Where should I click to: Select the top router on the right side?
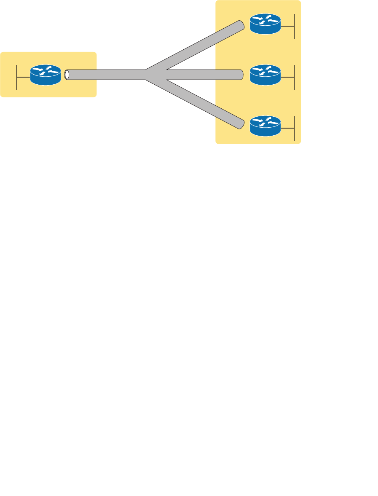(265, 24)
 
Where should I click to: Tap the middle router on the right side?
(265, 75)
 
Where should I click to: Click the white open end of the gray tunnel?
(67, 75)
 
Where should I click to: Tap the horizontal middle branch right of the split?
(202, 75)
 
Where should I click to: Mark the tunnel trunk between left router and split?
(105, 75)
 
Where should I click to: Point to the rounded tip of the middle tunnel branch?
(241, 75)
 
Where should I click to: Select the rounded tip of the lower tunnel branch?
(241, 123)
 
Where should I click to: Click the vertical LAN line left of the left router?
(17, 77)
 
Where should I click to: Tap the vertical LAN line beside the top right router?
(293, 26)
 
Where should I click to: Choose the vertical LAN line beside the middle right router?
(293, 77)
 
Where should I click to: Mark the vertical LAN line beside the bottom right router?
(293, 128)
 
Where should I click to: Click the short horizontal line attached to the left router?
(24, 77)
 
